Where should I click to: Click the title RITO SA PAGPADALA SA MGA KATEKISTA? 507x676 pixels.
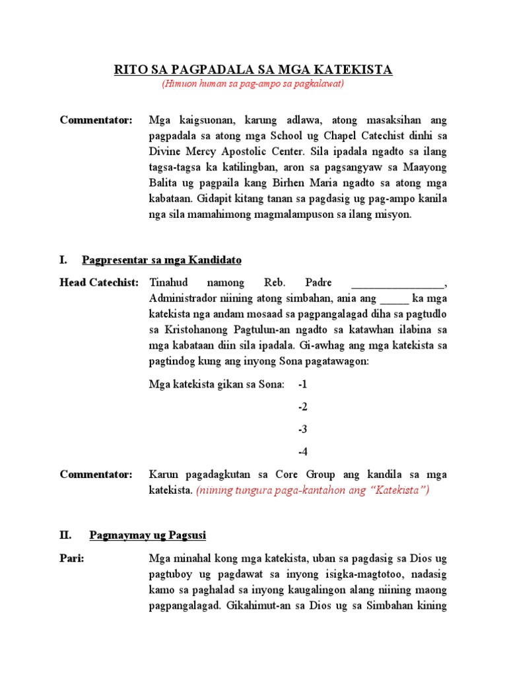(x=253, y=70)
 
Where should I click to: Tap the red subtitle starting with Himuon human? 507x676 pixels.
(x=253, y=84)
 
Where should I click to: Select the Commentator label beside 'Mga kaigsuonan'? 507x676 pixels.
(x=96, y=120)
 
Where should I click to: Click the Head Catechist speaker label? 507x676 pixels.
(x=99, y=283)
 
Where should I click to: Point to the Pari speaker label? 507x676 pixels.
(x=72, y=558)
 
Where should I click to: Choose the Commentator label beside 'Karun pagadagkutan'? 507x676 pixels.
(x=96, y=475)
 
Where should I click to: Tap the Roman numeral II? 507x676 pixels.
(x=65, y=535)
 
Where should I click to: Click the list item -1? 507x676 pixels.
(x=302, y=384)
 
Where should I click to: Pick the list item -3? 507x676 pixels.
(x=302, y=430)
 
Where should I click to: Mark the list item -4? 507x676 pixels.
(x=302, y=452)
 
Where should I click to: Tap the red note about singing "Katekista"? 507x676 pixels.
(x=313, y=490)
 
